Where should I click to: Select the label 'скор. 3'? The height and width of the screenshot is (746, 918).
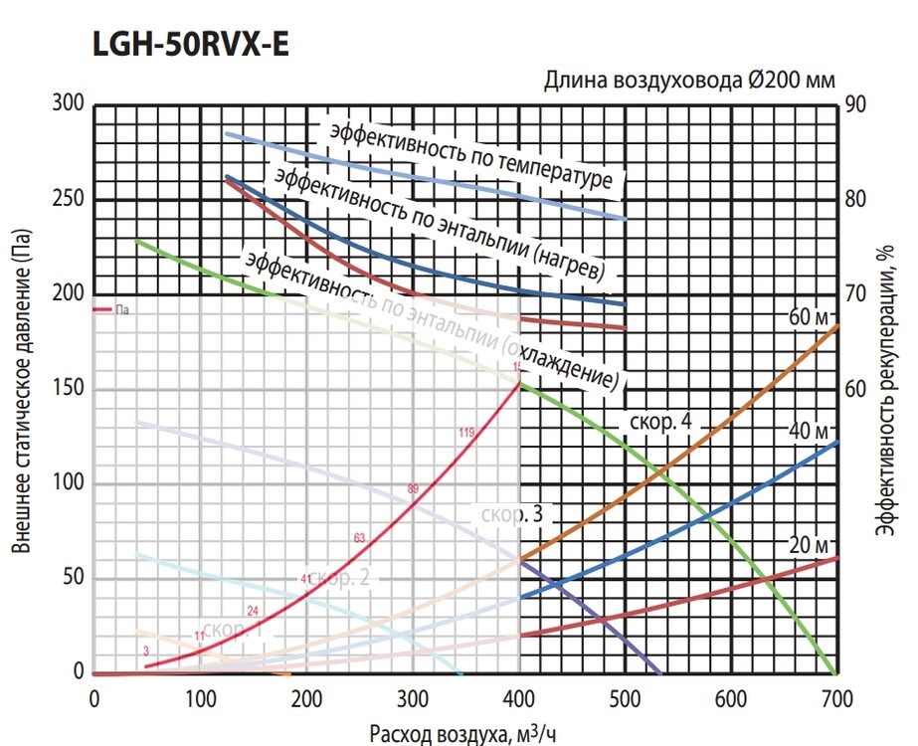511,515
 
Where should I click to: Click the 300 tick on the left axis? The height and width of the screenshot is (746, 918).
70,104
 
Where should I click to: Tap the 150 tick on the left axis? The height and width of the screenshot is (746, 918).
70,389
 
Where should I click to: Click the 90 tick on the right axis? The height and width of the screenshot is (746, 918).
855,104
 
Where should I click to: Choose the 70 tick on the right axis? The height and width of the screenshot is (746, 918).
855,294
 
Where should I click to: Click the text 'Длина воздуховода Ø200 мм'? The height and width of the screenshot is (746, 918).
688,81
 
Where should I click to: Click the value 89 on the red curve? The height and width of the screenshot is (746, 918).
414,487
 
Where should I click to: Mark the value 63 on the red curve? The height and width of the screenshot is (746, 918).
360,537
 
